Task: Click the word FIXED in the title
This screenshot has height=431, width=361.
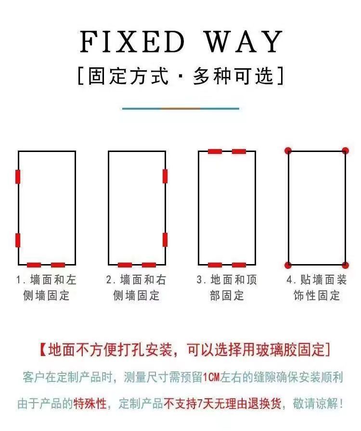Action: [x=132, y=42]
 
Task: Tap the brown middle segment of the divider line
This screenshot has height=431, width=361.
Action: [x=180, y=109]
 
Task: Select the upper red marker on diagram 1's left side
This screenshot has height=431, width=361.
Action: [x=18, y=177]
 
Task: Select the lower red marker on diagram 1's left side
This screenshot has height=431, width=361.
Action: [x=18, y=240]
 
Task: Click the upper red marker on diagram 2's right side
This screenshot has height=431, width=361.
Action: [x=165, y=176]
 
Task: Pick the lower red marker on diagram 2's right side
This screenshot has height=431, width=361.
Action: [x=165, y=240]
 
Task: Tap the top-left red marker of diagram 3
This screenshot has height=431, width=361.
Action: [x=215, y=152]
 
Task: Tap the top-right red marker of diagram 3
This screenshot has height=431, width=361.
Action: [x=239, y=152]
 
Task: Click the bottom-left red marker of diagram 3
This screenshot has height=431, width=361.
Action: [x=215, y=265]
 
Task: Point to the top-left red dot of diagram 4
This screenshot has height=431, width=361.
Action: [x=288, y=151]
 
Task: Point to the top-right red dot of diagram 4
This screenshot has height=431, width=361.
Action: [x=345, y=151]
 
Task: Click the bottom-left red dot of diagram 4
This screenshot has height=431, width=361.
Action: [x=288, y=265]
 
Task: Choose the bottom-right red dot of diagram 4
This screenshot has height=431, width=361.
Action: [x=345, y=265]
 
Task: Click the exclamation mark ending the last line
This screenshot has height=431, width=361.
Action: [x=341, y=404]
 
